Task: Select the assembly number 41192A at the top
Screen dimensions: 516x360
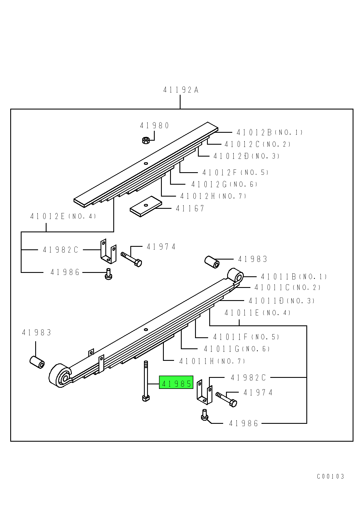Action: (181, 90)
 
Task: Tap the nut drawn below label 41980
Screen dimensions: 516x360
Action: (146, 140)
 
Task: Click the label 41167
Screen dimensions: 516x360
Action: (190, 208)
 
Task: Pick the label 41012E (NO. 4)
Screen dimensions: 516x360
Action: (63, 216)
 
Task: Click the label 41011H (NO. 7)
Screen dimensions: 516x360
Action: (212, 361)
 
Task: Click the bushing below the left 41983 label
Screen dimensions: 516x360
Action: (37, 362)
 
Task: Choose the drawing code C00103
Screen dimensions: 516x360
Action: (330, 476)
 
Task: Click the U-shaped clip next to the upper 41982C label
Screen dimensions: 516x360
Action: (108, 251)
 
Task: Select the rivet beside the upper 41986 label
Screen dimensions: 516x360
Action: (108, 274)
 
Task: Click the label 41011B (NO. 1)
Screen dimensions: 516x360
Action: (294, 277)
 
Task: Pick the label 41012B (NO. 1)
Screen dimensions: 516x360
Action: (269, 132)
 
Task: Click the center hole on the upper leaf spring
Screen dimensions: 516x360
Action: (146, 163)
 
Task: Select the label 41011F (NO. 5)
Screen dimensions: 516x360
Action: (246, 337)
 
